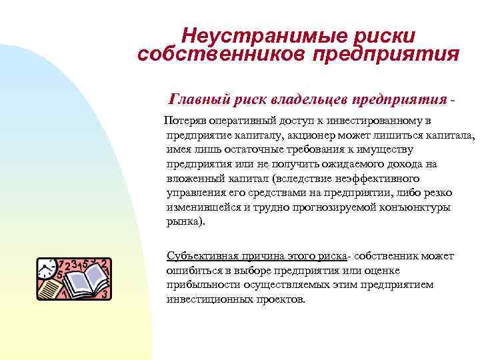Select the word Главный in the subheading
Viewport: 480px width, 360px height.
tap(201, 99)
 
